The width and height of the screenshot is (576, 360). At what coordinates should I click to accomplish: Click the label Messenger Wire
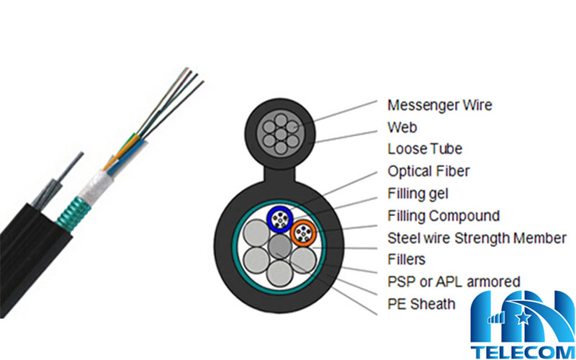[439, 105]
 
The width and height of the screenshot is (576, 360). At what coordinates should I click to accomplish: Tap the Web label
[402, 127]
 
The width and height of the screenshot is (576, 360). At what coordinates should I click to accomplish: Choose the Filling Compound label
[444, 215]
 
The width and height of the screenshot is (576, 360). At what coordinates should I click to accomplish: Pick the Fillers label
[406, 259]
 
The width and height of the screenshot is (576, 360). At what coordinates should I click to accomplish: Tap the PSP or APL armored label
[454, 282]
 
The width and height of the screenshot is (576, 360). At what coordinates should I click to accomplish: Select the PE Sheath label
[421, 304]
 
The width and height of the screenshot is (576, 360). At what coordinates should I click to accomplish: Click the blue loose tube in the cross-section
[279, 217]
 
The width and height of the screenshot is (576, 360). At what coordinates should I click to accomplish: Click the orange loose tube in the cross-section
[305, 232]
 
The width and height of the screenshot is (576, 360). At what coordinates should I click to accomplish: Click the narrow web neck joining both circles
[278, 172]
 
